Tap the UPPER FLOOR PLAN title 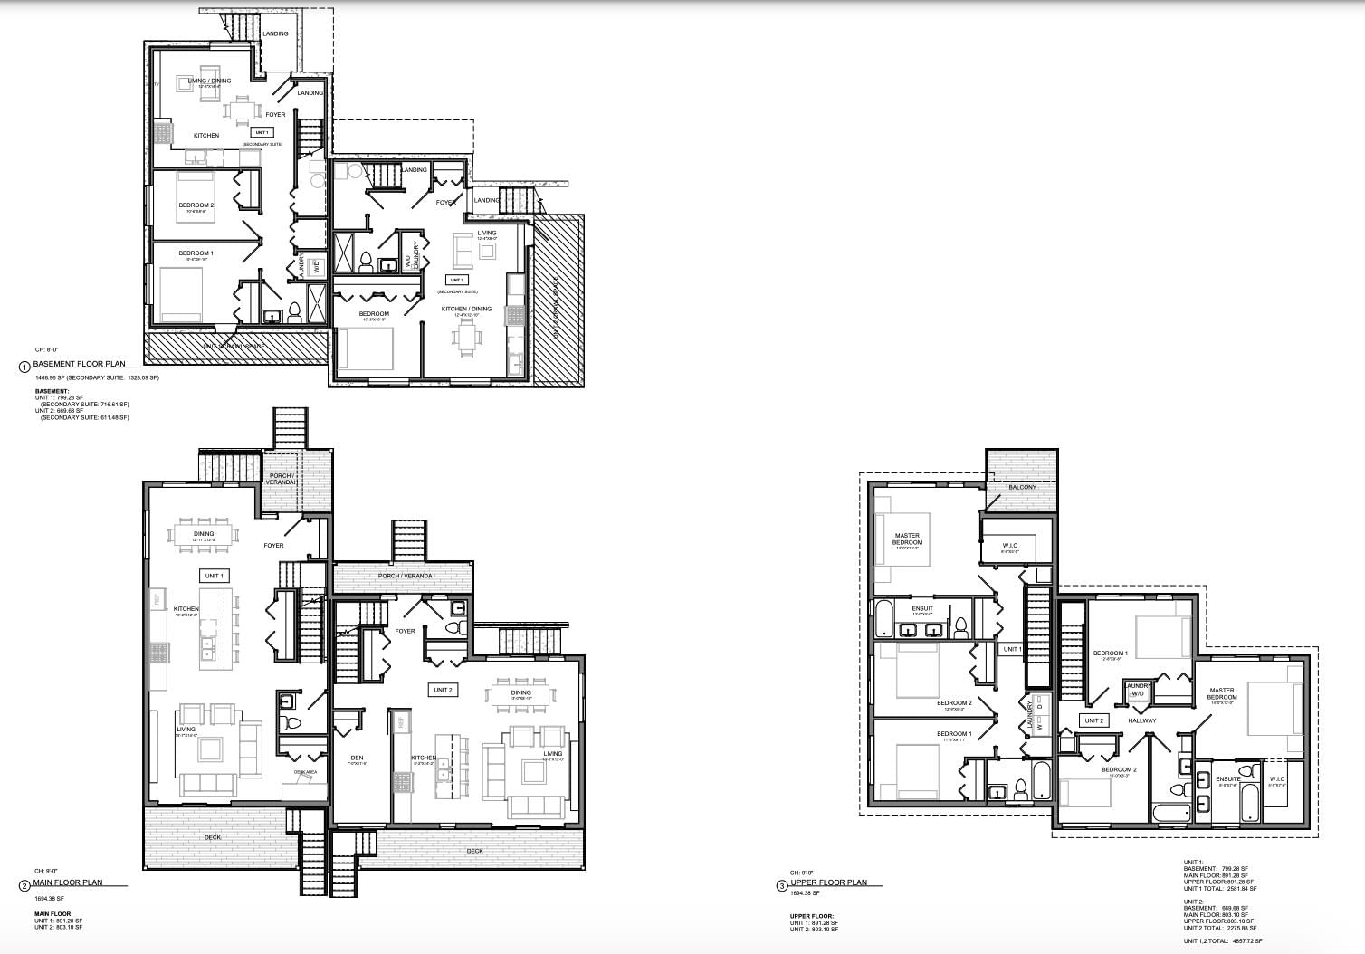(x=828, y=882)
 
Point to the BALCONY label (x=1022, y=487)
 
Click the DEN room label (x=357, y=758)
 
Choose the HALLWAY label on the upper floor (x=1142, y=720)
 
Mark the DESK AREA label (x=305, y=771)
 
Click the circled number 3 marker (x=782, y=886)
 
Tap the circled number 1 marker (x=24, y=367)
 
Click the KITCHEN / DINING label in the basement (x=466, y=309)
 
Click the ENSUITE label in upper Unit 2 (x=1227, y=778)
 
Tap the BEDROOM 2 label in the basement (x=196, y=205)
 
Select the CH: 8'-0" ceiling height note (x=46, y=349)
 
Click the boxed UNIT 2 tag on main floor (x=443, y=690)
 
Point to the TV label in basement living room (x=157, y=84)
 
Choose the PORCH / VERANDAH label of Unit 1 (x=282, y=479)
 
